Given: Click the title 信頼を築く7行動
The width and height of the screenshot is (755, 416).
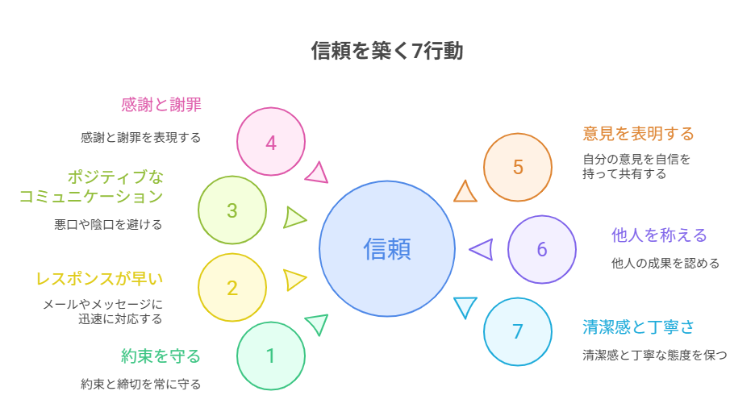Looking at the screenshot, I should click(387, 51).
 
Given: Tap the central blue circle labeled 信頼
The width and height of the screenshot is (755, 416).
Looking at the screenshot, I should click(387, 248).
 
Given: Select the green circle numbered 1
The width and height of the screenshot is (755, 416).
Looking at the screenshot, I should click(271, 356).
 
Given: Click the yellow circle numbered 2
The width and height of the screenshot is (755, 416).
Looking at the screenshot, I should click(232, 288).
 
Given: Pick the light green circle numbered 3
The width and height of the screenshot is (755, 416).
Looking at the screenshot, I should click(232, 210).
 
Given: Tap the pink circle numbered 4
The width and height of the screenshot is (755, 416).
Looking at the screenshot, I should click(271, 142).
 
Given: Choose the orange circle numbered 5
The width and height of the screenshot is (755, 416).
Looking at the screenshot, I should click(518, 167).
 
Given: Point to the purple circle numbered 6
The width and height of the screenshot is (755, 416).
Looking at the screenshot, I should click(542, 249).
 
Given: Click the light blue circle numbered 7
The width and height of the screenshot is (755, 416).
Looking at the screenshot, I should click(518, 331).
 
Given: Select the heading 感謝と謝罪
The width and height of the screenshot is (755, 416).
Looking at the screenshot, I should click(161, 104).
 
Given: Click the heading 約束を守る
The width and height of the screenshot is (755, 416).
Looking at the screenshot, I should click(161, 356).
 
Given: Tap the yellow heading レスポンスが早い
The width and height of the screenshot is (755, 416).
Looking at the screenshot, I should click(99, 279).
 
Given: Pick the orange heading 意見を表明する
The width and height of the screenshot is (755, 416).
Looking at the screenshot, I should click(638, 133).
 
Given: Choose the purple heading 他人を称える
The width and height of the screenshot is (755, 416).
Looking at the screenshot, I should click(659, 235).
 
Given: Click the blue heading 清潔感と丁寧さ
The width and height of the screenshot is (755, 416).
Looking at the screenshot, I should click(638, 327).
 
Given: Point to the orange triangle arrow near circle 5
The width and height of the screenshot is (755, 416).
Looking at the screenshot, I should click(465, 193).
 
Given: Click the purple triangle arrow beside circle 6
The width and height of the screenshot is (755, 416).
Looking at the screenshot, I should click(482, 250).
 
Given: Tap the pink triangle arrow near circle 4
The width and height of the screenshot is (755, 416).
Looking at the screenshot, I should click(317, 173).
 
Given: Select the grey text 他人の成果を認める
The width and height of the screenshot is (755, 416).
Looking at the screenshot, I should click(665, 263).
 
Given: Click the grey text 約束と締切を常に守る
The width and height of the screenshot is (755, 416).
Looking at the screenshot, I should click(140, 385).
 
